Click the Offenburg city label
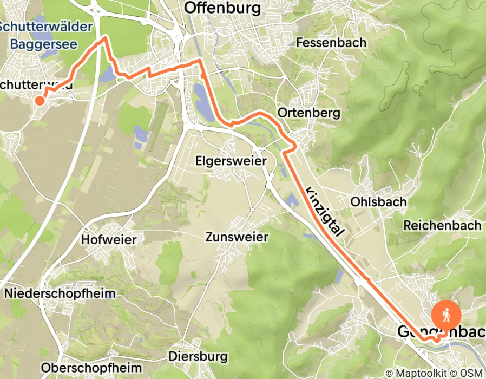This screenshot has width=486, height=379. pos(222,8)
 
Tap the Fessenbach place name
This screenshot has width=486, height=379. pos(331,42)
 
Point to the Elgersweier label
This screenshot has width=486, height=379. pos(232,161)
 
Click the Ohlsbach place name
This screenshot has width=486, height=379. pos(378,201)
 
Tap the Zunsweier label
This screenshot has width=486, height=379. pos(237,237)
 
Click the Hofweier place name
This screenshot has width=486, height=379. pos(109,239)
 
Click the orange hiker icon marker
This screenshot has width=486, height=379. pos(447,314)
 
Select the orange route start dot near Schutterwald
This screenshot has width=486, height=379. pos(40,100)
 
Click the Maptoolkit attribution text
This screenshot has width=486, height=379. pos(420,373)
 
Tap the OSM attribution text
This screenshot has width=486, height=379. pos(470,373)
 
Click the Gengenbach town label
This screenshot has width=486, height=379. pos(441,331)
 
